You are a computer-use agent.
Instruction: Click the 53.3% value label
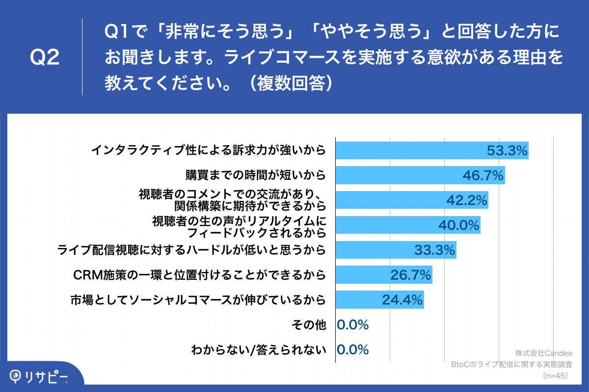pos(507,151)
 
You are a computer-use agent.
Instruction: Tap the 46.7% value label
pos(483,175)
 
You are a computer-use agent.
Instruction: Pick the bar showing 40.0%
pos(407,225)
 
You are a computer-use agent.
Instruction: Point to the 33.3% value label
pos(435,250)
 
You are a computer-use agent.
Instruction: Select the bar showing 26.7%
pos(383,275)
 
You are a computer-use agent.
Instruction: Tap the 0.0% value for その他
pos(352,324)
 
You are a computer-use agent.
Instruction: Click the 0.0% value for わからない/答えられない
pos(352,349)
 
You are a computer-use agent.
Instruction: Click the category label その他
pos(308,324)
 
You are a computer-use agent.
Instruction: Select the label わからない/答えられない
pos(259,349)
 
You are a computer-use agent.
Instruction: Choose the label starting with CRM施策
pos(199,275)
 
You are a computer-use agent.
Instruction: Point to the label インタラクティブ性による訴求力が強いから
pos(209,150)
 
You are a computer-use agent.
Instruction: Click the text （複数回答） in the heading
pos(291,83)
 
